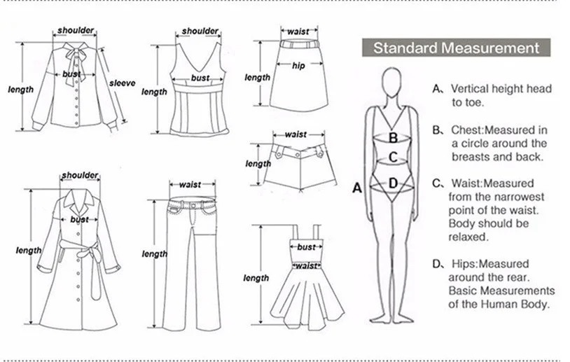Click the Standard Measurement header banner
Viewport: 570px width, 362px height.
[x=456, y=48]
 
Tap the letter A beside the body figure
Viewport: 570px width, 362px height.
[x=356, y=188]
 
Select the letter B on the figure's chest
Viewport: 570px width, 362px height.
[x=394, y=138]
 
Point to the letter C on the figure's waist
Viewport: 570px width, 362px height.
[x=394, y=157]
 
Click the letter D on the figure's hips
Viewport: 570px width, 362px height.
[x=393, y=183]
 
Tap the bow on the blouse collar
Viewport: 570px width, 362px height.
[x=73, y=56]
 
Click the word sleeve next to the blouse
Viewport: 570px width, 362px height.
[x=122, y=83]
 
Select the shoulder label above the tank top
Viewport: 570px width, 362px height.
[x=200, y=32]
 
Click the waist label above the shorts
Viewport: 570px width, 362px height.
[x=296, y=134]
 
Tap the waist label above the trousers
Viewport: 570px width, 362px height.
[x=190, y=185]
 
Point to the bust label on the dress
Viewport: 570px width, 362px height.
[x=306, y=247]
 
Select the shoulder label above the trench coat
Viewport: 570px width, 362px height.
[x=81, y=175]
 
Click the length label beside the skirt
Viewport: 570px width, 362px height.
[x=257, y=78]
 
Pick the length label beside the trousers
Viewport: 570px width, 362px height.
[x=154, y=254]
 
